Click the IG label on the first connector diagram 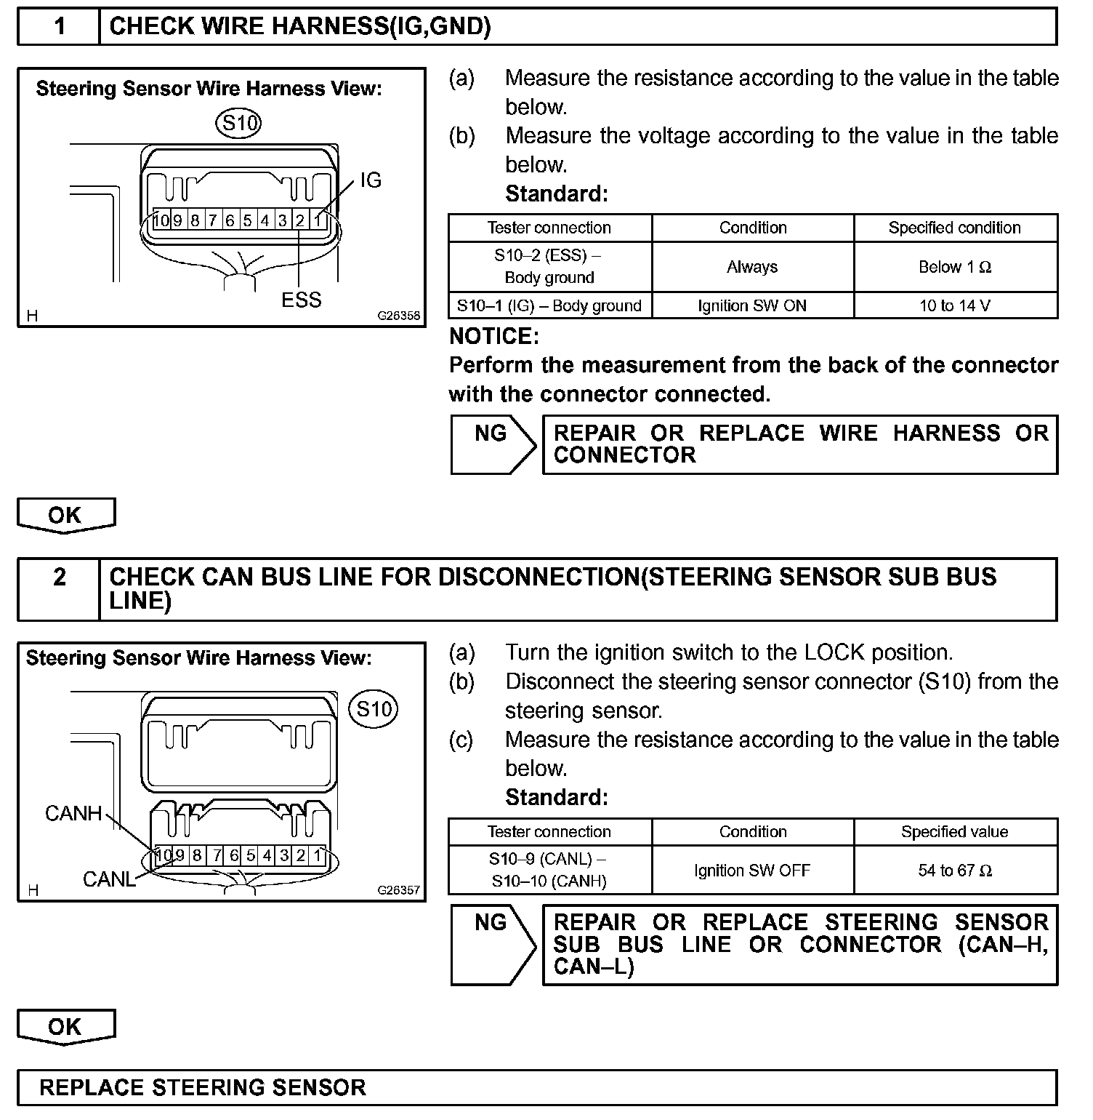coord(371,180)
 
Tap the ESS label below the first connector coord(301,300)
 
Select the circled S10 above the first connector coord(239,123)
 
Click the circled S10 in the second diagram coord(374,709)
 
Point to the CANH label coord(73,813)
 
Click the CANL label coord(109,879)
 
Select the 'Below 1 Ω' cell coord(955,267)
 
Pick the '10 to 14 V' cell coord(955,305)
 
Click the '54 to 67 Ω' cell coord(955,871)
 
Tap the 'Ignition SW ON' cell coord(752,305)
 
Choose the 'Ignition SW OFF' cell coord(752,871)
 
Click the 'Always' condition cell coord(752,267)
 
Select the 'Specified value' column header coord(955,832)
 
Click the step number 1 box coord(60,27)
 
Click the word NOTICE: coord(494,336)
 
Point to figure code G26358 coord(398,316)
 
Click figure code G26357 coord(398,890)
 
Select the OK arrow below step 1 coord(65,515)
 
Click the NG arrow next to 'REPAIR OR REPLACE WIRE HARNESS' coord(493,444)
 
